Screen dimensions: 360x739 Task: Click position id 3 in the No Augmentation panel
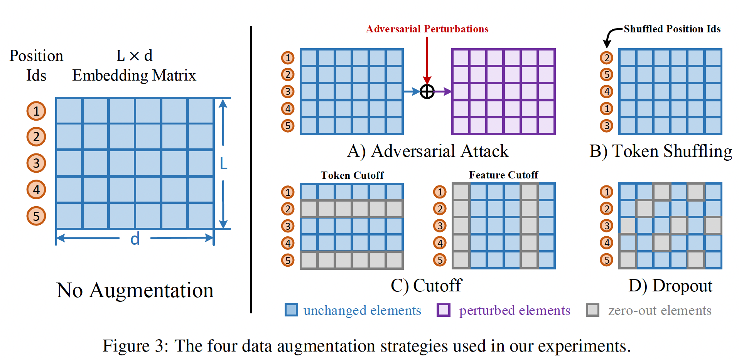point(36,163)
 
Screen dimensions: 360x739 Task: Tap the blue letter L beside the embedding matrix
point(223,164)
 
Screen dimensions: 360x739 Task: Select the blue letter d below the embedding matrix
point(135,239)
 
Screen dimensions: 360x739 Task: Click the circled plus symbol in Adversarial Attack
point(427,92)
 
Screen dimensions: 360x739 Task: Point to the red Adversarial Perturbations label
point(427,29)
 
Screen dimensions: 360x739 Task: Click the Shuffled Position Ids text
point(672,29)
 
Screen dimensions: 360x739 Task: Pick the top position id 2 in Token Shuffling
point(607,58)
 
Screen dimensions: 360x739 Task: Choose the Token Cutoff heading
point(352,175)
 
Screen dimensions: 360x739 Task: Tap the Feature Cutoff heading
point(503,175)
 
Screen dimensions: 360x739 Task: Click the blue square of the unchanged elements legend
point(291,310)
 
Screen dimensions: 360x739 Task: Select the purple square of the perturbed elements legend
point(443,310)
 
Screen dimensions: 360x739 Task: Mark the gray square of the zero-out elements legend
point(592,310)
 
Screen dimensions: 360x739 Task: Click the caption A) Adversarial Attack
point(428,151)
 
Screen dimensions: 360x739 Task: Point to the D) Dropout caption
point(670,286)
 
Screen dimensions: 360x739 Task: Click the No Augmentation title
point(135,290)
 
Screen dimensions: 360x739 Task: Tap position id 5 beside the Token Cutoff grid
point(288,260)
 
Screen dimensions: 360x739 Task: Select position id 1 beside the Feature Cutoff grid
point(440,192)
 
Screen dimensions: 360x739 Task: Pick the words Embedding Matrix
point(134,76)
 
